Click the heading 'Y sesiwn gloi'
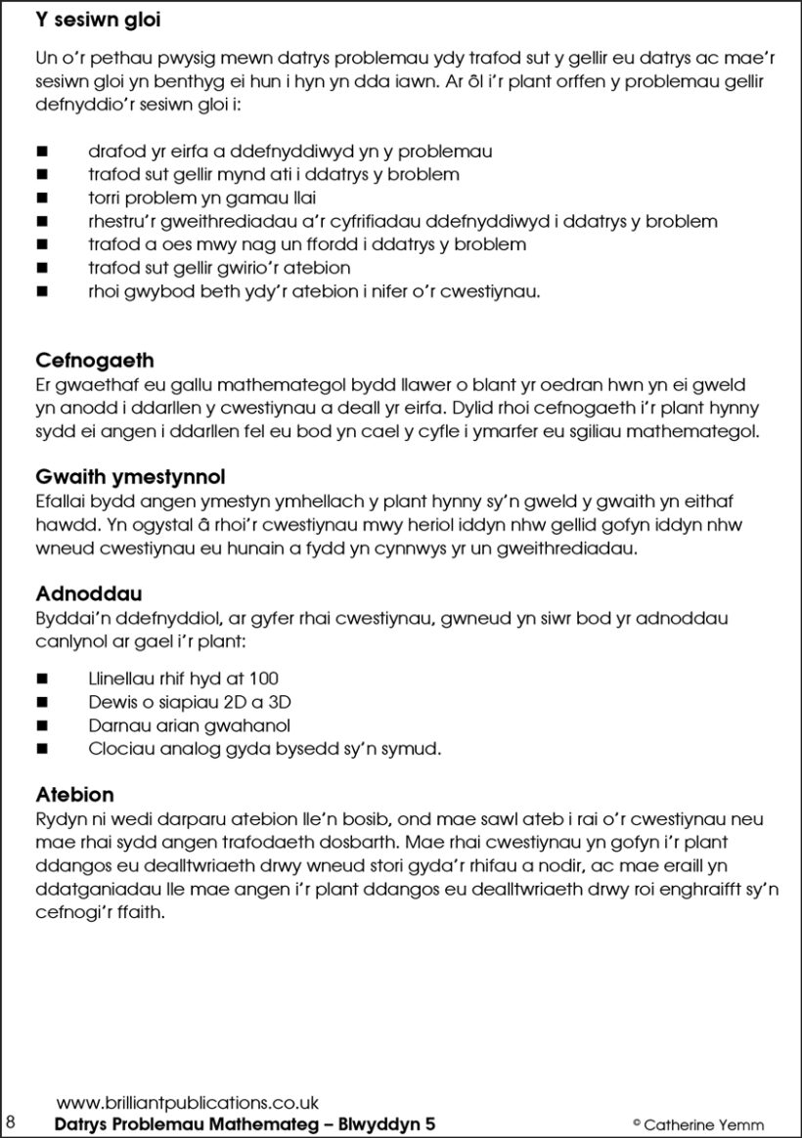coord(98,20)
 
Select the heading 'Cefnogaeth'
coord(95,361)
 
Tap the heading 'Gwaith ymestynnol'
coord(130,477)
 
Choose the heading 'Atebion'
coord(75,794)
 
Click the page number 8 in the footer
coord(11,1121)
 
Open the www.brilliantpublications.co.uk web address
coord(188,1103)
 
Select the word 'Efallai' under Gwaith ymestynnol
coord(62,502)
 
